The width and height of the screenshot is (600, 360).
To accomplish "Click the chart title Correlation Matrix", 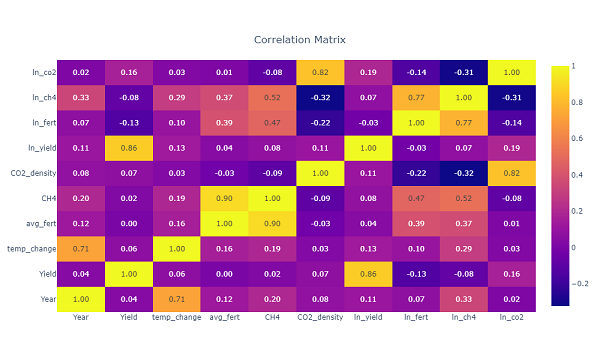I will tap(300, 40).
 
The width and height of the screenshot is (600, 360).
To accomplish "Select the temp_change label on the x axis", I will tap(177, 318).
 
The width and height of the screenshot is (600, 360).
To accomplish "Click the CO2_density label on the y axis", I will tap(35, 173).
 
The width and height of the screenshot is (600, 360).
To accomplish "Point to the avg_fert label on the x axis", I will tap(224, 318).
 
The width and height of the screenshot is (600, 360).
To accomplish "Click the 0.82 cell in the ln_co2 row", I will tap(320, 73).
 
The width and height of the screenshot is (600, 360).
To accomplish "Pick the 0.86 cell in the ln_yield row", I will tap(129, 148).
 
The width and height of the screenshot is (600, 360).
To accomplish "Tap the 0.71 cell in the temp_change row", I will tap(81, 248).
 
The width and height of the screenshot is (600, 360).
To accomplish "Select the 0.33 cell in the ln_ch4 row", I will tap(81, 98).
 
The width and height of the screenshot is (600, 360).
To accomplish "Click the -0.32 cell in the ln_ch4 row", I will tap(320, 98).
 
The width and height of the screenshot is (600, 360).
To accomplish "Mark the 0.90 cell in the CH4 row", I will tap(225, 198).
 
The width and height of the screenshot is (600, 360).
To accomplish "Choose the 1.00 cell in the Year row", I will tap(81, 298).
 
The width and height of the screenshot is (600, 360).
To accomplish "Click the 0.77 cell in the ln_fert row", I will tap(464, 123).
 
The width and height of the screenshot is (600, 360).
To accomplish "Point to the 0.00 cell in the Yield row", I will tap(225, 273).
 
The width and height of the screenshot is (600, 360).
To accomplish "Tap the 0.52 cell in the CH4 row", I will tap(464, 198).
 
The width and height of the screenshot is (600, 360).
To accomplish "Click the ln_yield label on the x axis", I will tap(368, 318).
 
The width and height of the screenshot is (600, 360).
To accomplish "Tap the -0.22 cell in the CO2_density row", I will tap(416, 173).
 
